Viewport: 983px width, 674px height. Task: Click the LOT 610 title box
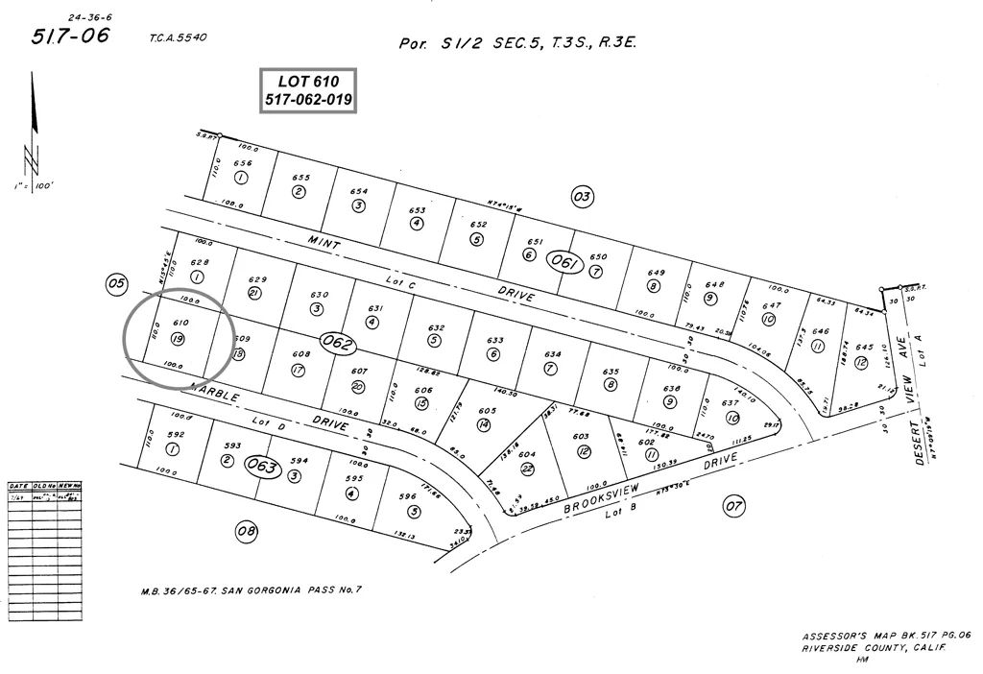click(308, 90)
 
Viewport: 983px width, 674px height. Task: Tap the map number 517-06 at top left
click(70, 36)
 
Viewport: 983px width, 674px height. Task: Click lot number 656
click(239, 163)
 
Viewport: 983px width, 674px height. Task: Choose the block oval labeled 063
click(261, 466)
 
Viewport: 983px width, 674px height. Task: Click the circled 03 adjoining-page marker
click(582, 198)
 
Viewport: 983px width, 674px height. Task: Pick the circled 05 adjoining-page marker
click(116, 283)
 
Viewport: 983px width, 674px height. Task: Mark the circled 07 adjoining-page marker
click(734, 505)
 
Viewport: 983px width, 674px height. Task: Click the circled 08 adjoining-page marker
click(246, 530)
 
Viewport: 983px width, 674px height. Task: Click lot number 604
click(526, 454)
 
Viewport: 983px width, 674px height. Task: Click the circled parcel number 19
click(178, 339)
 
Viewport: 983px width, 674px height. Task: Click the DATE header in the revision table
click(19, 486)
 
